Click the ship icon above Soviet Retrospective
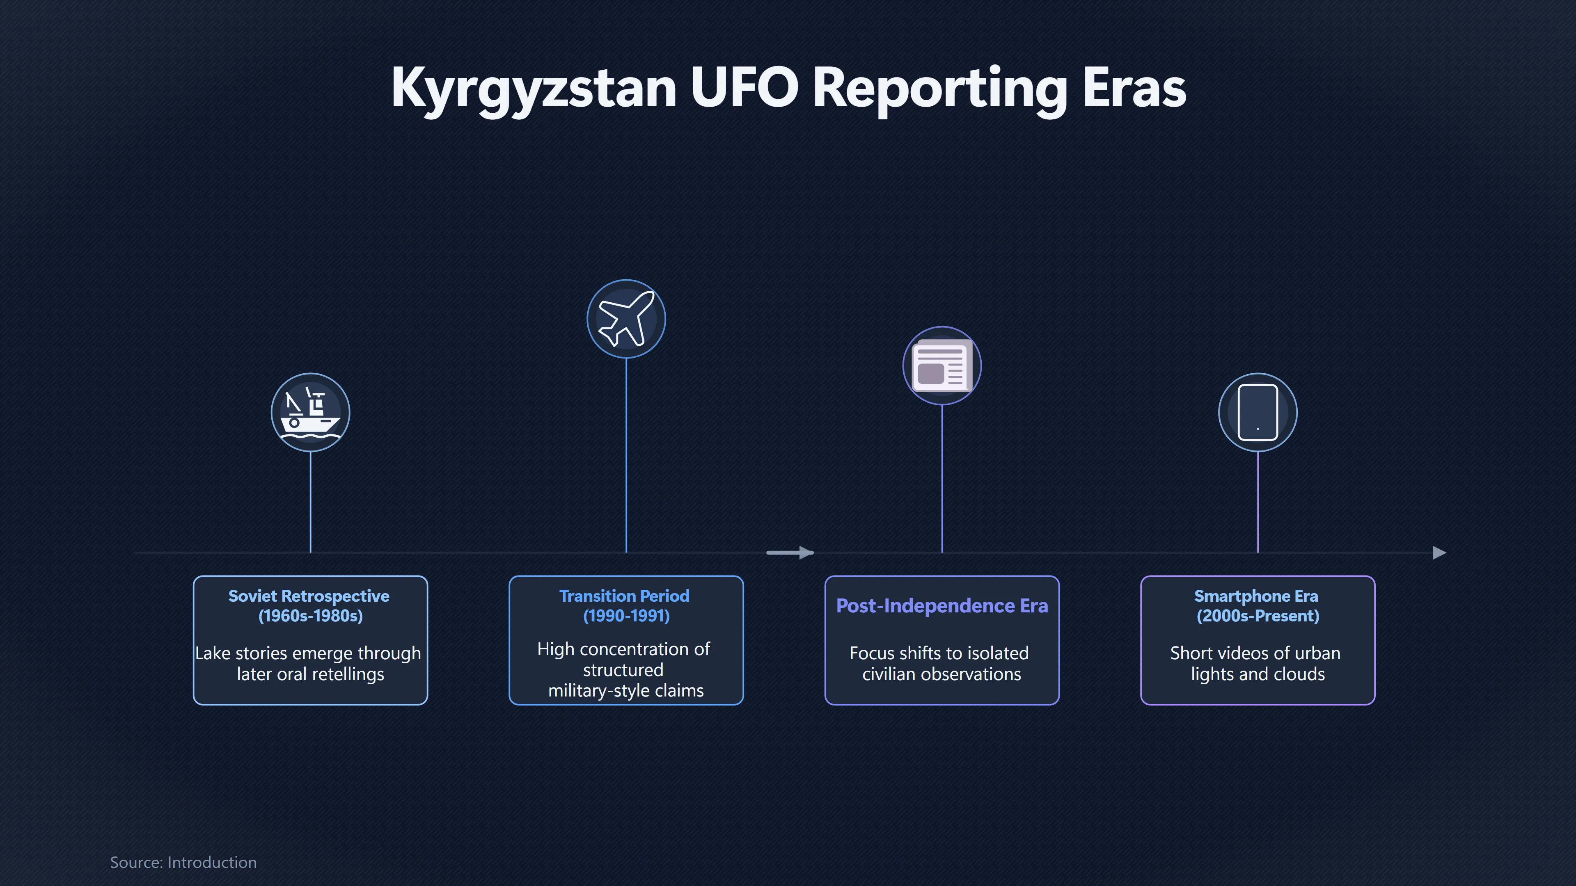click(310, 412)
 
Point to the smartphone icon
click(1257, 412)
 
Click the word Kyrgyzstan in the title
click(534, 88)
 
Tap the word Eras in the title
click(1134, 88)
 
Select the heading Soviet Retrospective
click(309, 596)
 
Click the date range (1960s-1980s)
click(311, 616)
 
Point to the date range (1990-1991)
click(626, 616)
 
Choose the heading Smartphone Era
click(1256, 596)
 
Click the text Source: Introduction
click(183, 862)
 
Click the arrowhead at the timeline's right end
click(1440, 553)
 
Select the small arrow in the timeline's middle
click(790, 553)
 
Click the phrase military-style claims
click(626, 691)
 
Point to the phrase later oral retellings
click(311, 674)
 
